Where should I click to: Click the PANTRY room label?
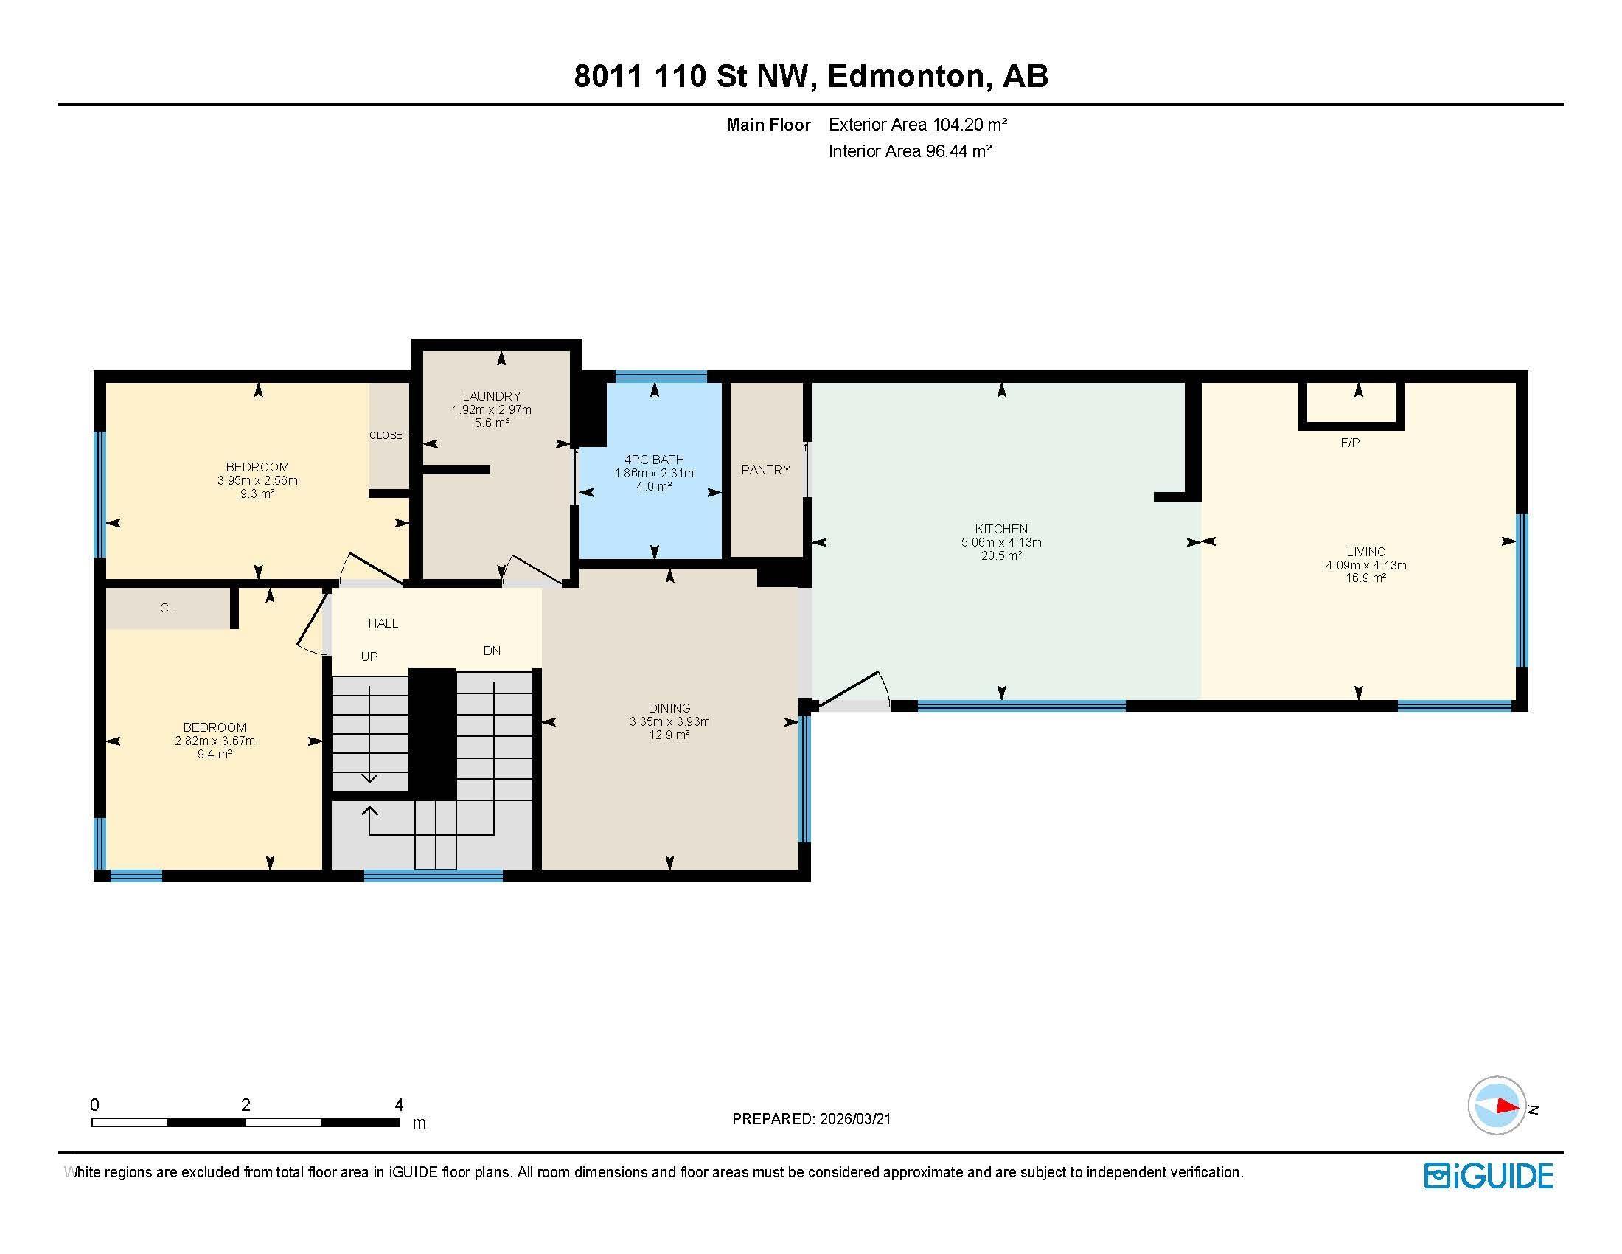point(765,469)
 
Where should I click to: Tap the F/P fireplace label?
point(1349,443)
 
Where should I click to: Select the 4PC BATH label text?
point(653,460)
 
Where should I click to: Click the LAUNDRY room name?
point(491,396)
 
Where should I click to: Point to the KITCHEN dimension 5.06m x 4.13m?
point(1000,542)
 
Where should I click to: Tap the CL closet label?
point(167,608)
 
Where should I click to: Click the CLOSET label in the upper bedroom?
point(389,435)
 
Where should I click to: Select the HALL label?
point(383,623)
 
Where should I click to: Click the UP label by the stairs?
point(369,656)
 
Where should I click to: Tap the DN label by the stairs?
point(492,651)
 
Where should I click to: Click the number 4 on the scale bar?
point(399,1105)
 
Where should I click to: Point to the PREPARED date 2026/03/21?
point(853,1119)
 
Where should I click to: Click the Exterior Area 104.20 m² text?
point(917,125)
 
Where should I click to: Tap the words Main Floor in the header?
point(768,125)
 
